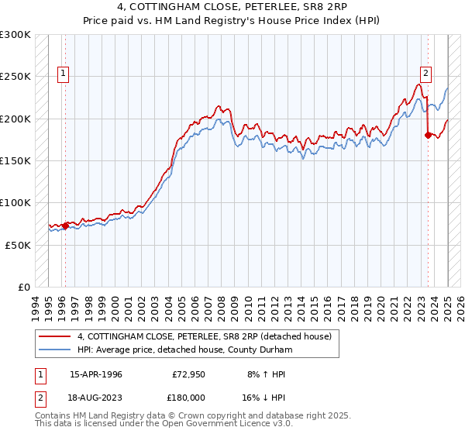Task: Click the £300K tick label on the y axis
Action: coord(15,35)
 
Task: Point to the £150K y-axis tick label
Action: coord(15,160)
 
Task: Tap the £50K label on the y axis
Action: coord(19,244)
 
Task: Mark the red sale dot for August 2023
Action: coord(428,136)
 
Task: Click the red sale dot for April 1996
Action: coord(65,226)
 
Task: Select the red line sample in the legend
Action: coord(56,336)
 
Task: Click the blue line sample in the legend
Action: coord(56,350)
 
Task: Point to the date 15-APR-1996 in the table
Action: coord(96,374)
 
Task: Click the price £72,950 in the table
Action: coord(189,374)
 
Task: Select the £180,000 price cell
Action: coord(189,396)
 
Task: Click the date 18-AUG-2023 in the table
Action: coord(96,396)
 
